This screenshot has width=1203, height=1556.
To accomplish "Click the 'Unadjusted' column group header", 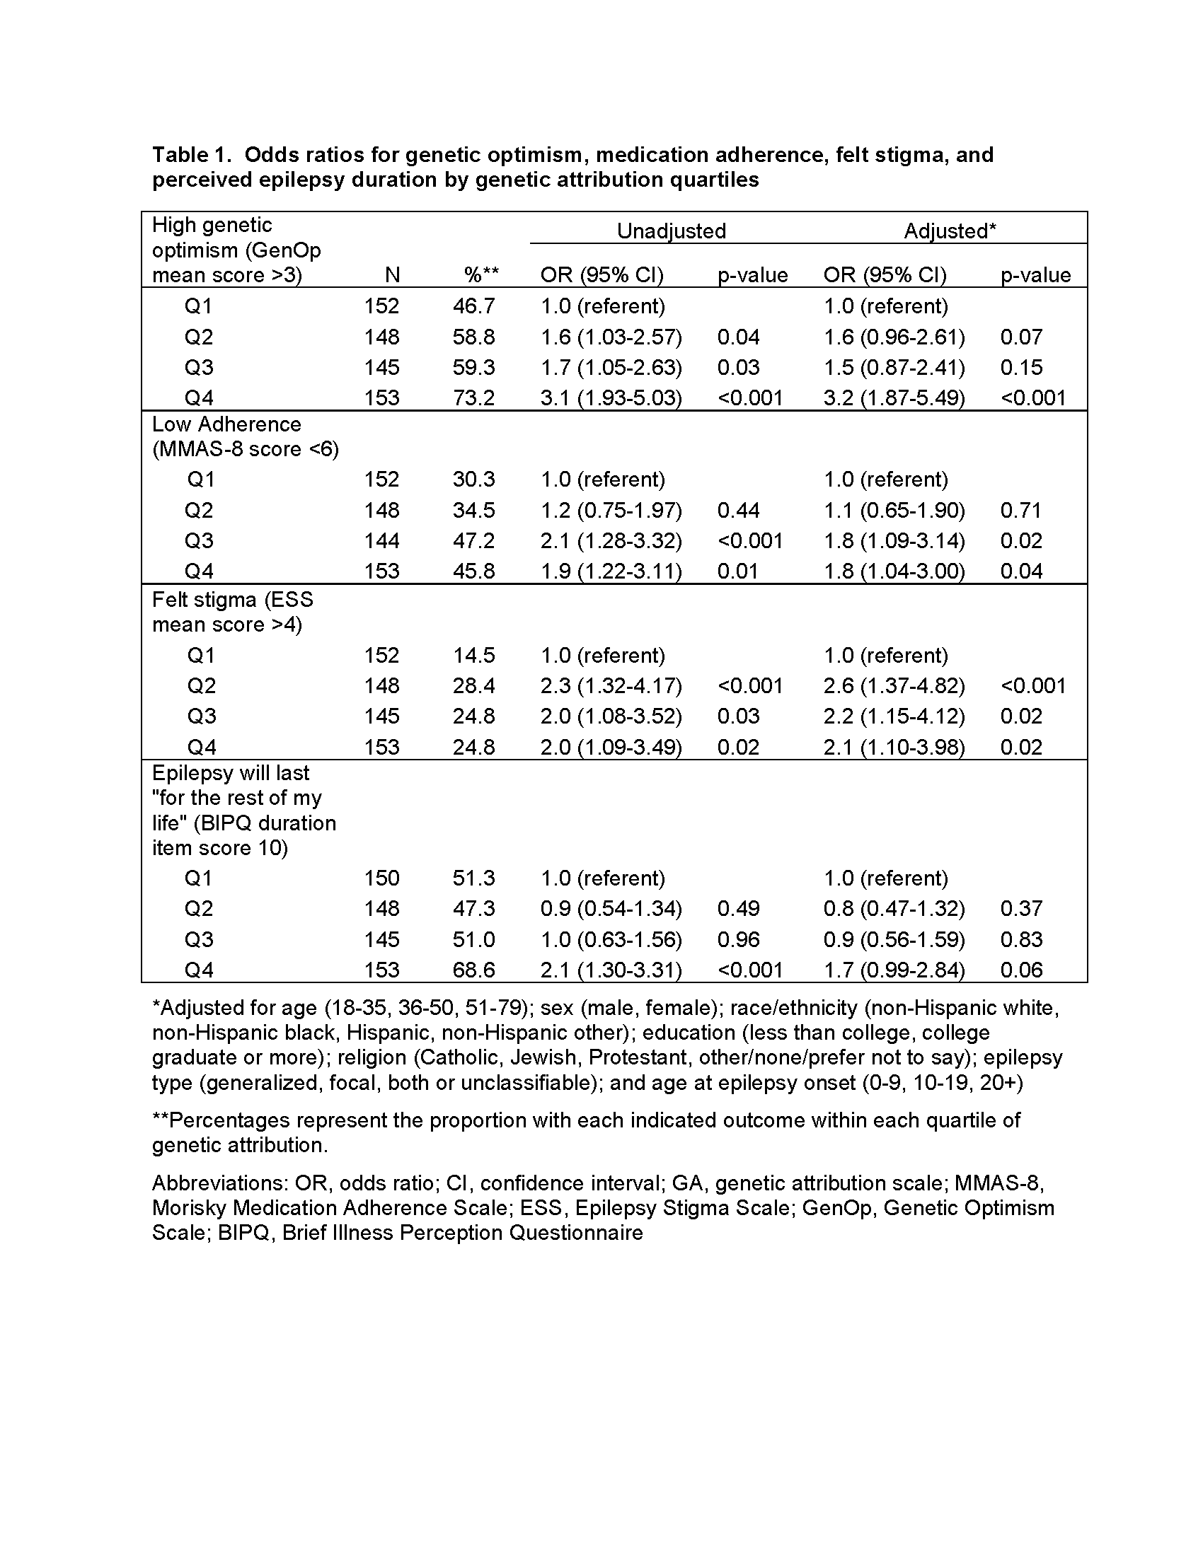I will (672, 231).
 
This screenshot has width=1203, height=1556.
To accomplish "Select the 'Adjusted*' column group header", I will (950, 231).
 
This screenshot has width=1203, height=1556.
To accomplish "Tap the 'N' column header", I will (392, 275).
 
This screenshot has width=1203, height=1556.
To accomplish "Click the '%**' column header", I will (481, 275).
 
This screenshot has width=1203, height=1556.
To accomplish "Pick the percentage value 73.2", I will (474, 397).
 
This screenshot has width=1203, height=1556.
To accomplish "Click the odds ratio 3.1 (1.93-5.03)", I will (611, 397).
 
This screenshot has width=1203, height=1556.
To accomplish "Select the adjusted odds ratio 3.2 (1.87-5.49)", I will (894, 397).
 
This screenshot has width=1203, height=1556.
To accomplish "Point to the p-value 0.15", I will (1021, 367).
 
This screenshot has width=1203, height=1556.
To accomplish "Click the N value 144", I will (381, 541).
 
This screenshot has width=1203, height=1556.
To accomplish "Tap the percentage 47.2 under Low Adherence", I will (474, 541).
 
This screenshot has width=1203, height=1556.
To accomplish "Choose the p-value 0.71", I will (1021, 510).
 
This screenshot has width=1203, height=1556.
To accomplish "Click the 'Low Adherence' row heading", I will (226, 424).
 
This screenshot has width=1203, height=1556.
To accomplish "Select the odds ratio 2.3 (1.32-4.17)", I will (611, 685).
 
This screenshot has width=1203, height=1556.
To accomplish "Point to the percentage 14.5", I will (474, 655).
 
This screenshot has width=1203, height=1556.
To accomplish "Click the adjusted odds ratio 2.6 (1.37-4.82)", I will (894, 685).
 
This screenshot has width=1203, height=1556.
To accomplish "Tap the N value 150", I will (381, 878).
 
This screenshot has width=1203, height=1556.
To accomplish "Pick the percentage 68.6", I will (474, 970).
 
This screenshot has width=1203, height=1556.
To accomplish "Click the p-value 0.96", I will (738, 939).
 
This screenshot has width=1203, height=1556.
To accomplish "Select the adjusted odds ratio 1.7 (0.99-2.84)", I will (894, 970).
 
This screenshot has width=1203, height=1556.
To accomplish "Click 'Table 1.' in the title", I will (192, 155).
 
